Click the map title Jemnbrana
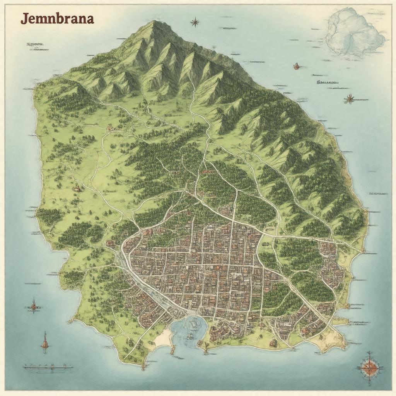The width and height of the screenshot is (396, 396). coord(57,19)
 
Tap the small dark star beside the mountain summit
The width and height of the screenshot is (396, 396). coord(195,22)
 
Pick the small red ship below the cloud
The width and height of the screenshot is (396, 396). coord(297,66)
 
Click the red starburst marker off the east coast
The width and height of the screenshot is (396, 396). coord(349,99)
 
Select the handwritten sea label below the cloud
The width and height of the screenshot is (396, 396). coord(327,82)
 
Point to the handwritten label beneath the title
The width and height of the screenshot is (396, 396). coord(34,44)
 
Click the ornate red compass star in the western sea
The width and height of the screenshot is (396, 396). coord(34,307)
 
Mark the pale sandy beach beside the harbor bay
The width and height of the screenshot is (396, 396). coord(163,338)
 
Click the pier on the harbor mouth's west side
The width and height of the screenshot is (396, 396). coord(172,350)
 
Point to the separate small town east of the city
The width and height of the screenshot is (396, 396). coord(331,267)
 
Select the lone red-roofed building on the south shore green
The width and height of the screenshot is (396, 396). coord(273,343)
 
